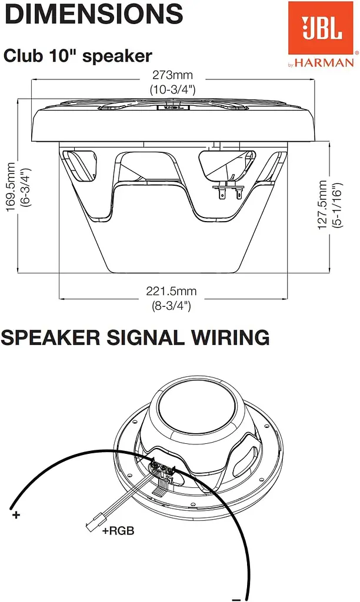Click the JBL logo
pyautogui.click(x=321, y=28)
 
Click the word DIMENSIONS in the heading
pyautogui.click(x=94, y=14)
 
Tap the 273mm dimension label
pyautogui.click(x=172, y=75)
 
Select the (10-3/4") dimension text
pyautogui.click(x=172, y=89)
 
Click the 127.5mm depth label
pyautogui.click(x=323, y=205)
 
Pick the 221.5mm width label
pyautogui.click(x=171, y=291)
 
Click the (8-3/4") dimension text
pyautogui.click(x=171, y=306)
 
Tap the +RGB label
pyautogui.click(x=118, y=531)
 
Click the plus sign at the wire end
pyautogui.click(x=16, y=514)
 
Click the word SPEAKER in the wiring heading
pyautogui.click(x=51, y=337)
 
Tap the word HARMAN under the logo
pyautogui.click(x=324, y=62)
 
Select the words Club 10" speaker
pyautogui.click(x=78, y=56)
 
